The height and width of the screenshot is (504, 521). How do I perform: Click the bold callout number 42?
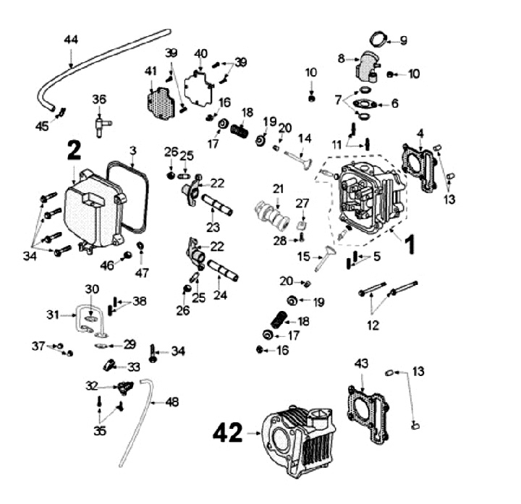point(228,432)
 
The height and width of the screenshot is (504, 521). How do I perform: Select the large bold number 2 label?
point(73,151)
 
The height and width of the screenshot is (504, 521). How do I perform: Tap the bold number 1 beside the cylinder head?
point(409,244)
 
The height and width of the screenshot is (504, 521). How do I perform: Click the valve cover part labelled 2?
point(93,210)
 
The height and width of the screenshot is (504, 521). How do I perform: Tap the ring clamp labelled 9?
point(380,38)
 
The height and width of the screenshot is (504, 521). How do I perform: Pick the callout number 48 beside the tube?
point(171,401)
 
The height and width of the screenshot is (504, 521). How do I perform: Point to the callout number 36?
point(99,99)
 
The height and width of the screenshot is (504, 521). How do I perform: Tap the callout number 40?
point(200,53)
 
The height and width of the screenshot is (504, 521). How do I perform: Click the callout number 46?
point(107,265)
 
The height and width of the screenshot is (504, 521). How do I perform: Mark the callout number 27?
point(302,203)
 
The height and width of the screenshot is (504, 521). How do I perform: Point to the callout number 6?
point(394,103)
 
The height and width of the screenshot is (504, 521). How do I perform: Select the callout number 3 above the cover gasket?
point(133,150)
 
